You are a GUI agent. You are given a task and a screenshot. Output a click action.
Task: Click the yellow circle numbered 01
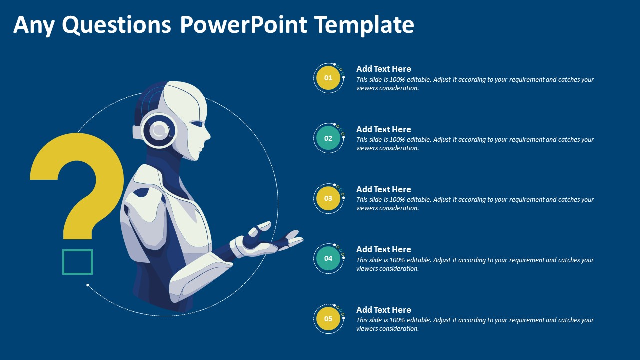328,78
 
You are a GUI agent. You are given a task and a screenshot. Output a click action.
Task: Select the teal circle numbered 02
328,138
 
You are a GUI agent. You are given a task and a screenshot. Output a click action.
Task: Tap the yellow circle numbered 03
328,198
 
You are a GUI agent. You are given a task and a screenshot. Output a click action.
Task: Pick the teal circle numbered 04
328,258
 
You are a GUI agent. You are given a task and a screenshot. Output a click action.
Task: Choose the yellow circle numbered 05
328,319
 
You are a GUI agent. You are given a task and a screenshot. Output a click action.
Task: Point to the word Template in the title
364,25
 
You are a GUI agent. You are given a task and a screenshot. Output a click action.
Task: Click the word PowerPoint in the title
243,25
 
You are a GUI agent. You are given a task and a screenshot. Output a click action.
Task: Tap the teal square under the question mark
77,262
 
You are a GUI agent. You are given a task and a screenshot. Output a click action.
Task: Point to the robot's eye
196,124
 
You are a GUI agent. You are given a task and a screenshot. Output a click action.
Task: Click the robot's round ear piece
159,131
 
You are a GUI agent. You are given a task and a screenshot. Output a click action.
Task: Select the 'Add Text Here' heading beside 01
383,69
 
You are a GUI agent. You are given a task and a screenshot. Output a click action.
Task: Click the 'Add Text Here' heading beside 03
383,189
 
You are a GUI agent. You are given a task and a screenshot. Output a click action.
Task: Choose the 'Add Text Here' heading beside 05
383,310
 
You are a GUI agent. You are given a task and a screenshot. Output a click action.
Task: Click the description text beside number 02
475,144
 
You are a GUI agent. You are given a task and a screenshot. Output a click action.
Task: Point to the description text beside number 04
475,264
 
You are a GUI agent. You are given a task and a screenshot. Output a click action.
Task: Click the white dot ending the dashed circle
88,285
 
